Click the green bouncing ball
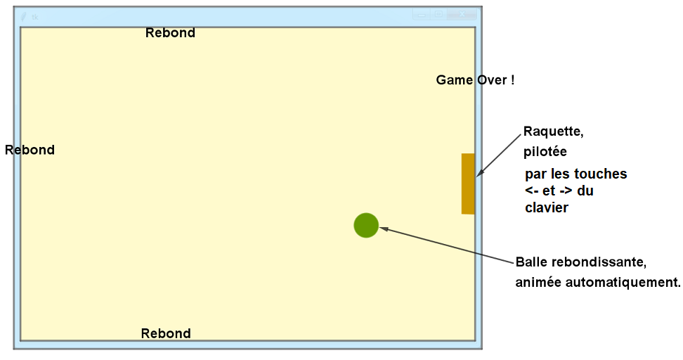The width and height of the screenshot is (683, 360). (366, 225)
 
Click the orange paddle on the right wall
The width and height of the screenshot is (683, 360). (468, 184)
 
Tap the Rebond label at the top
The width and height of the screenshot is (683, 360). (170, 33)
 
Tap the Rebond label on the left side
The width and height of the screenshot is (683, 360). (30, 150)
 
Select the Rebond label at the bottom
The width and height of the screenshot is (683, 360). (166, 333)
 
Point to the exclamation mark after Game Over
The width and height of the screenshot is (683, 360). (512, 80)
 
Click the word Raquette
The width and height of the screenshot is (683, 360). (553, 131)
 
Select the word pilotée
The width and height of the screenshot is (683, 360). (545, 152)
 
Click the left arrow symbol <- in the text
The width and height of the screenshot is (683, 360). (531, 191)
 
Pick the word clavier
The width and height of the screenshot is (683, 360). (546, 207)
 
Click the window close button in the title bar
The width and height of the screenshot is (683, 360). (462, 15)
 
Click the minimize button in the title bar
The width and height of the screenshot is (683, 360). (421, 15)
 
